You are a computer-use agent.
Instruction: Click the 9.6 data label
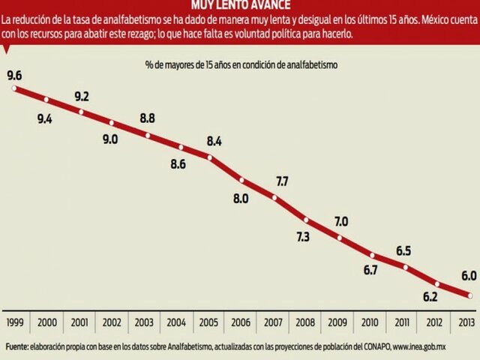[14, 75]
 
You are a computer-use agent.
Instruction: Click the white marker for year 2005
[211, 157]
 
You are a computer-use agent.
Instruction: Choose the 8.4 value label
[214, 140]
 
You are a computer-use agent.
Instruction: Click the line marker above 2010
[373, 256]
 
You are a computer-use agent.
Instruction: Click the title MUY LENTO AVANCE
[239, 6]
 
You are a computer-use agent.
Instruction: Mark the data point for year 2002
[112, 123]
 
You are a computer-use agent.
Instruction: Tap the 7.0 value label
[341, 221]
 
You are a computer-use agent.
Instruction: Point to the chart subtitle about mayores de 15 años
[241, 65]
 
